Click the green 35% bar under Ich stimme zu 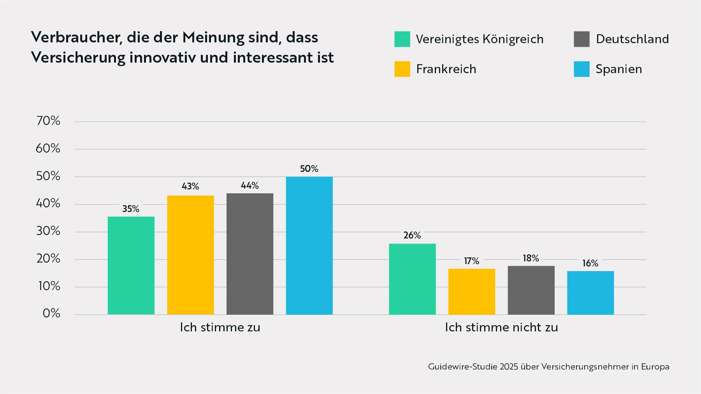click(x=131, y=265)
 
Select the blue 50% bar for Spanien click(x=309, y=245)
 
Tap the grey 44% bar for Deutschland click(x=249, y=254)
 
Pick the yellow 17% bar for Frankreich click(x=471, y=291)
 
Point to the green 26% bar click(x=412, y=279)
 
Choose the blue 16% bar click(x=590, y=292)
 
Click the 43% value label click(x=190, y=186)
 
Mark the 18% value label click(x=531, y=258)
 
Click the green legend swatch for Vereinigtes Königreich click(x=402, y=39)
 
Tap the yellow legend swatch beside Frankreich click(x=402, y=69)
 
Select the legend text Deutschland click(x=632, y=39)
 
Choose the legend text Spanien click(x=618, y=69)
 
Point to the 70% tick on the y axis click(x=48, y=121)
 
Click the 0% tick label click(x=51, y=313)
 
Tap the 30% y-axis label click(x=48, y=231)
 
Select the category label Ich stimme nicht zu click(x=501, y=327)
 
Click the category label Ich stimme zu click(x=220, y=327)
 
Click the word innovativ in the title click(x=162, y=58)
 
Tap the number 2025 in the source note click(x=509, y=366)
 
